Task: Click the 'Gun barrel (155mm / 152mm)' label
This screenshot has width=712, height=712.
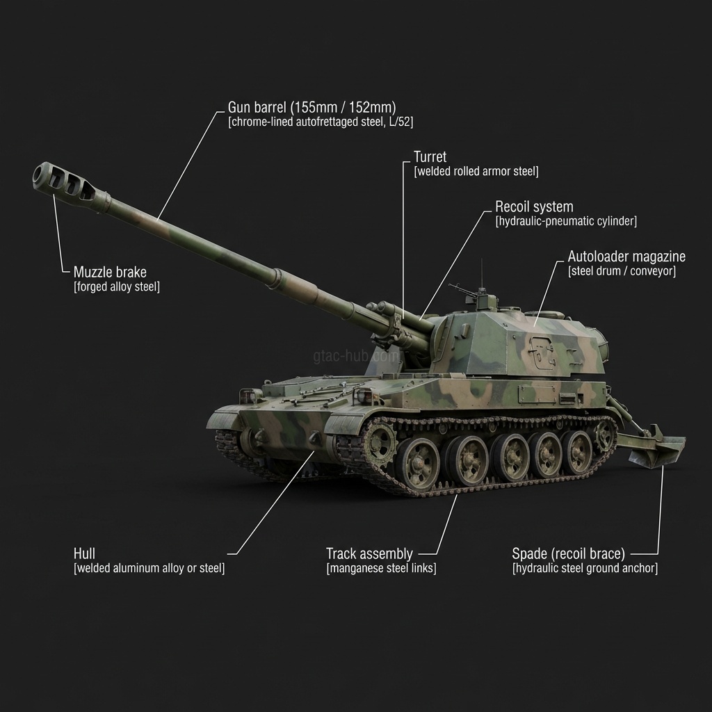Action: [312, 108]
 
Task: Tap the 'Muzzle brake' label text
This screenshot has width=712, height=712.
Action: [110, 273]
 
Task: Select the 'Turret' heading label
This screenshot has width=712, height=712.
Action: [430, 157]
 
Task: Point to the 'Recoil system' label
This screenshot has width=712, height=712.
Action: [534, 207]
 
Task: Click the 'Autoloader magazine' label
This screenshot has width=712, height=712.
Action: [626, 257]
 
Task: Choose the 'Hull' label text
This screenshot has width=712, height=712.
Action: [84, 554]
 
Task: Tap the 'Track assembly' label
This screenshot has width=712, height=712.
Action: [369, 554]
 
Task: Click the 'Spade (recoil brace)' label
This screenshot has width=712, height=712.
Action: [569, 554]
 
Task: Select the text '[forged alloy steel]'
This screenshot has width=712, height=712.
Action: [117, 287]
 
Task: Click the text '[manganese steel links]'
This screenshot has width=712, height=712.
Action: [382, 569]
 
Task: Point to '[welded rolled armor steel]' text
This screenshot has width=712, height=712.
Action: [476, 172]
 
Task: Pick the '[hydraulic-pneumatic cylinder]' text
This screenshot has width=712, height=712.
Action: [566, 222]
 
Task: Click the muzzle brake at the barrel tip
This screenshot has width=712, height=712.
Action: [68, 183]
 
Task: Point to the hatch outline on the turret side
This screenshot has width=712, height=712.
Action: [543, 351]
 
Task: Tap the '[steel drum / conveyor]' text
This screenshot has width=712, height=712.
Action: [622, 272]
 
